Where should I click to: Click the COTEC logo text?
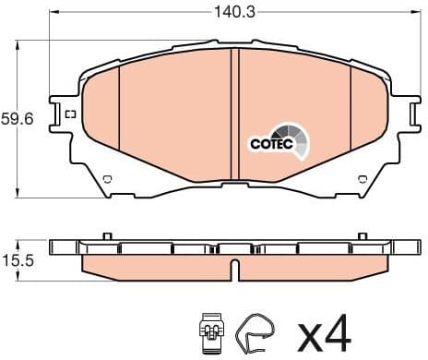[x=270, y=144]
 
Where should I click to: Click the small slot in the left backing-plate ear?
[x=70, y=114]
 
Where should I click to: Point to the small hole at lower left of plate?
[x=107, y=178]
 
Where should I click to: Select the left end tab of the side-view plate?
[x=62, y=248]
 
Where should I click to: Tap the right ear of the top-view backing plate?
[x=402, y=115]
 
